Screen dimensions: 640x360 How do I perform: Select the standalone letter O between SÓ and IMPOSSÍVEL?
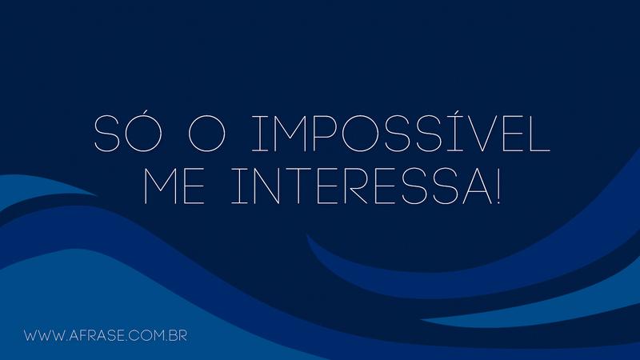click(206, 134)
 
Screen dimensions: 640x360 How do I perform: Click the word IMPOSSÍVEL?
click(401, 134)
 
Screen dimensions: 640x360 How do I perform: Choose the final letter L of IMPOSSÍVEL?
click(540, 134)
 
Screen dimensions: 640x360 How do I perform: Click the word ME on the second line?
click(174, 186)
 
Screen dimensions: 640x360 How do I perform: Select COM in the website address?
click(147, 336)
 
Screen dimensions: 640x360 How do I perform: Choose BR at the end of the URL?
click(178, 336)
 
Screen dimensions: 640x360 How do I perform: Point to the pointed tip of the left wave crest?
click(98, 195)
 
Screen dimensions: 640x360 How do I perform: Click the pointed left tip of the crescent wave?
click(307, 235)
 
